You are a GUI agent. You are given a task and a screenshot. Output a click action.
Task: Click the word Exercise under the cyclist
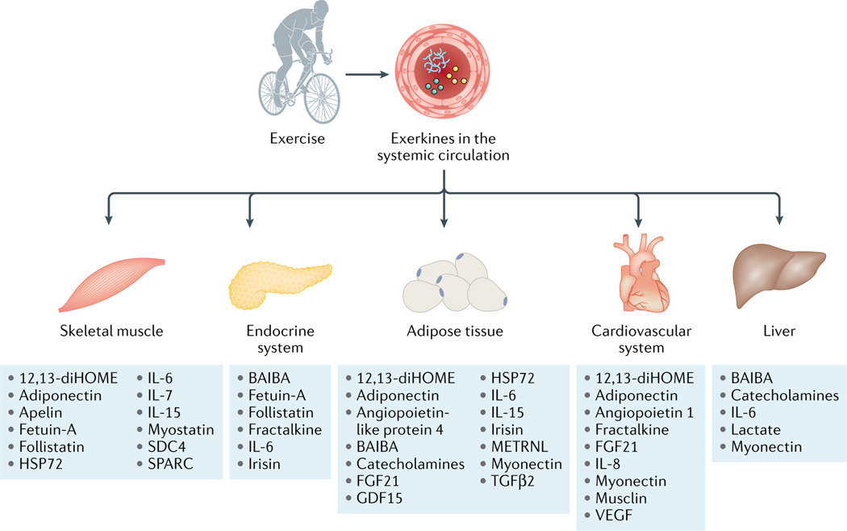[298, 139]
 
